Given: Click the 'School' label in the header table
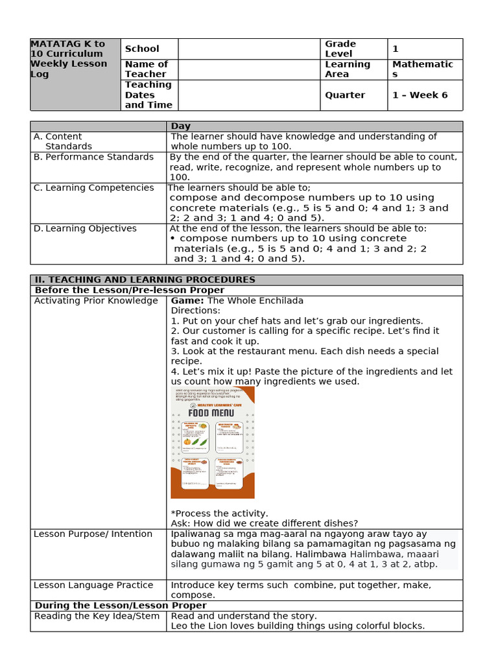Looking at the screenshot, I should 142,49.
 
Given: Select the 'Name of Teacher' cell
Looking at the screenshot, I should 146,69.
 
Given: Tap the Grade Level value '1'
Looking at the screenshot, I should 396,49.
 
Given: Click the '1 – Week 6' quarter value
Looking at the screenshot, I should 420,95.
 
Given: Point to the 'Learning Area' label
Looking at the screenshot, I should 348,69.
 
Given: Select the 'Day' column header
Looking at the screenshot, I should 181,126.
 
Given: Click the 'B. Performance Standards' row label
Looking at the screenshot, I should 93,157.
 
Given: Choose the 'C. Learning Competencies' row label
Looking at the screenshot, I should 93,188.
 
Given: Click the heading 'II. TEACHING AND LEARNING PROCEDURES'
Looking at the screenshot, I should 145,280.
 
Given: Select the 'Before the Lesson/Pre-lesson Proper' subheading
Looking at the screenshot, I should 129,290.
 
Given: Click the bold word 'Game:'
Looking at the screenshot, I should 187,301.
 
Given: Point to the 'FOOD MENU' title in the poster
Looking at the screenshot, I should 212,412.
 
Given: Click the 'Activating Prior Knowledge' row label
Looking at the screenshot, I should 95,301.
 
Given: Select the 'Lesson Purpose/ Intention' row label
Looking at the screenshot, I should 93,534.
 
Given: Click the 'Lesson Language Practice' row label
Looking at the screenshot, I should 93,586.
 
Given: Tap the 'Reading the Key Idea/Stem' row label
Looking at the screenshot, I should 96,616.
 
